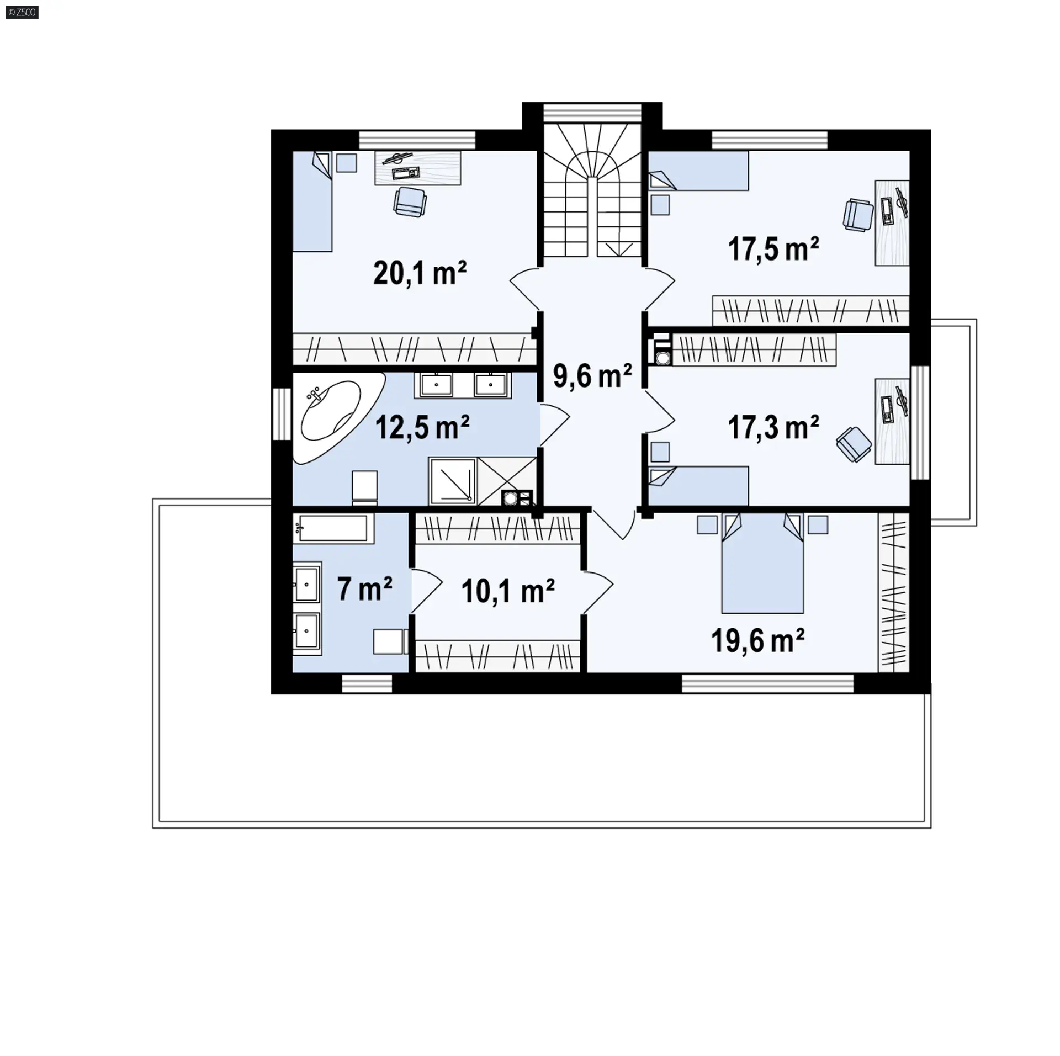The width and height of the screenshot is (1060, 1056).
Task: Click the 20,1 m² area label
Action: click(420, 273)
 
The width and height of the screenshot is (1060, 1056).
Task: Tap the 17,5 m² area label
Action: click(773, 249)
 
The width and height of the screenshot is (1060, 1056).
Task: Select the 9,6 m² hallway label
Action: click(592, 376)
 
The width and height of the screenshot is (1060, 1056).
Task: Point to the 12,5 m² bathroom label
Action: click(422, 427)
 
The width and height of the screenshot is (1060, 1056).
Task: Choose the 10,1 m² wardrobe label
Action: click(508, 591)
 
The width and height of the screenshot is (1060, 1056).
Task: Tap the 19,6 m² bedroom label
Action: click(757, 641)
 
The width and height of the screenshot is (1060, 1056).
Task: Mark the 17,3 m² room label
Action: click(773, 428)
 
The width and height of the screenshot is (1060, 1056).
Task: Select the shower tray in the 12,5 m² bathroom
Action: click(452, 481)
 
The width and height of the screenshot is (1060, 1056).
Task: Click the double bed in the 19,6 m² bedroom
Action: click(762, 563)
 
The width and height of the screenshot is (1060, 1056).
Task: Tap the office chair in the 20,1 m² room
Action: click(410, 201)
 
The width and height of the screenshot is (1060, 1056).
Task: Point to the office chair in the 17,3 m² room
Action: click(854, 444)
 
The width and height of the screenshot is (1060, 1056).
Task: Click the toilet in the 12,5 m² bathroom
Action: click(365, 487)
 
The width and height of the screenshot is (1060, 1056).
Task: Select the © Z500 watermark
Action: click(22, 12)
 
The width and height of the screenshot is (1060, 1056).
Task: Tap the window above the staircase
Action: click(592, 113)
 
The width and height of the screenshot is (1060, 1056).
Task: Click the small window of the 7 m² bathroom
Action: click(367, 684)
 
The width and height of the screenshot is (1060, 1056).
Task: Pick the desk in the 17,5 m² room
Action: click(893, 222)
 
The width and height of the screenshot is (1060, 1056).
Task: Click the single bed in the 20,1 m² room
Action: click(312, 201)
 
